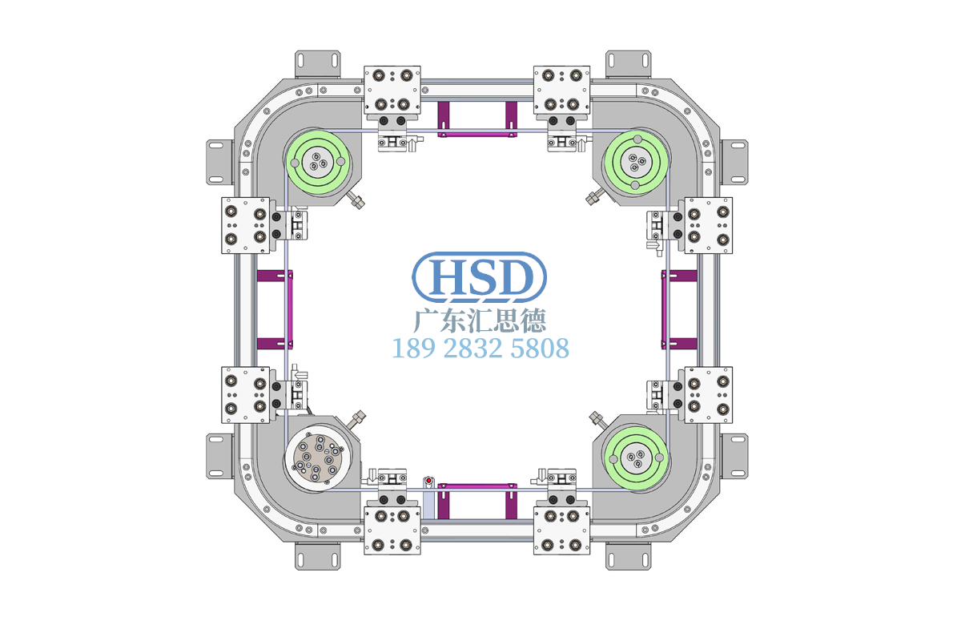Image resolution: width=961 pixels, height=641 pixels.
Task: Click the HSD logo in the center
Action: tap(479, 277)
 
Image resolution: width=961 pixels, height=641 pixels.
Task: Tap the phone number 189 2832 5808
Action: tap(480, 349)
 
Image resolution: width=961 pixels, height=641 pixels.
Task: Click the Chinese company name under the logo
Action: tap(479, 320)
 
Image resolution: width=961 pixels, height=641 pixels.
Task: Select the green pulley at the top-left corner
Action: tap(318, 163)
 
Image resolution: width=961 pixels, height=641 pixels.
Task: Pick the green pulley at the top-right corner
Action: tap(636, 163)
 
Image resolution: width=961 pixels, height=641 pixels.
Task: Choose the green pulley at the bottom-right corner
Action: tap(636, 458)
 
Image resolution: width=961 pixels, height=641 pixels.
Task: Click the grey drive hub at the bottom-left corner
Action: tap(318, 458)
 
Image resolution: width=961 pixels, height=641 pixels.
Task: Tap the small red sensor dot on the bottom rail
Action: tap(428, 480)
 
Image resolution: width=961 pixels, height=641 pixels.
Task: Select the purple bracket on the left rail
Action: tap(275, 309)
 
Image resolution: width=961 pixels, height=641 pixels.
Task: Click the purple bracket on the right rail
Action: tap(679, 309)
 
